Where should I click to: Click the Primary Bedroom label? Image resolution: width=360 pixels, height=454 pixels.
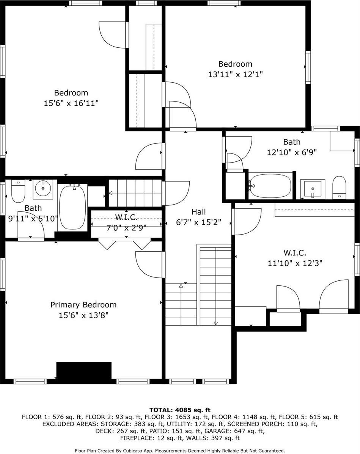point(83,305)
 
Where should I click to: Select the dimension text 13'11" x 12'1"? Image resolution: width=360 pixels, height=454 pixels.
point(235,74)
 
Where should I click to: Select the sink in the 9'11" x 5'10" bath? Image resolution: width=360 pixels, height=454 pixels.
point(43,188)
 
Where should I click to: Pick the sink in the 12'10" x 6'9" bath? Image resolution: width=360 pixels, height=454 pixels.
point(313,188)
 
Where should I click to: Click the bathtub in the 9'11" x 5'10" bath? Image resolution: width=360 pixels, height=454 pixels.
point(72,207)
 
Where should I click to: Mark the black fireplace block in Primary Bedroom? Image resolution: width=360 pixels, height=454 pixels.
point(84,370)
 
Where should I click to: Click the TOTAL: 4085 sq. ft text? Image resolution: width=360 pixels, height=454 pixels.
point(180,410)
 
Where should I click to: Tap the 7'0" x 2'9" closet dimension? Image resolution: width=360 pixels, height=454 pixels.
point(126,228)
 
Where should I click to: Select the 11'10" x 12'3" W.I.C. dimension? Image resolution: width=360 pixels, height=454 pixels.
point(295,263)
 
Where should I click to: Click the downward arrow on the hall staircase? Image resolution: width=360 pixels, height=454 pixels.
point(216,323)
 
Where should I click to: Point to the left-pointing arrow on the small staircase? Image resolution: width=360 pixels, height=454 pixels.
point(111,193)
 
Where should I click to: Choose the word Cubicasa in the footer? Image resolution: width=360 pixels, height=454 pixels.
point(149,451)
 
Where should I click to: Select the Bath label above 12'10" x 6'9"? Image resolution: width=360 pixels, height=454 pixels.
point(292,142)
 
